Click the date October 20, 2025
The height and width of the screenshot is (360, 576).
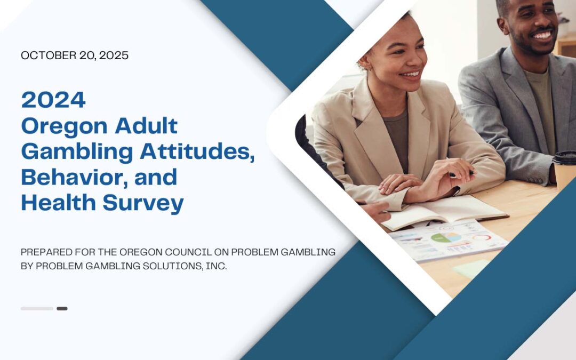click(x=75, y=55)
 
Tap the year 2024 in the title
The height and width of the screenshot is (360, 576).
click(x=54, y=100)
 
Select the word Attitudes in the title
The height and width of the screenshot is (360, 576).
click(x=197, y=151)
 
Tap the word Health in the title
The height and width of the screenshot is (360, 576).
click(x=59, y=203)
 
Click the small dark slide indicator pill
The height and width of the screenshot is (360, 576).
click(x=62, y=309)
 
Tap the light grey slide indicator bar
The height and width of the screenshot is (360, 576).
click(x=37, y=309)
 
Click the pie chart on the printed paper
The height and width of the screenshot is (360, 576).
click(x=446, y=237)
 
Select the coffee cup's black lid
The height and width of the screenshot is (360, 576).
click(x=565, y=157)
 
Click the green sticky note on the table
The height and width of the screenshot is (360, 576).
click(x=471, y=268)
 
